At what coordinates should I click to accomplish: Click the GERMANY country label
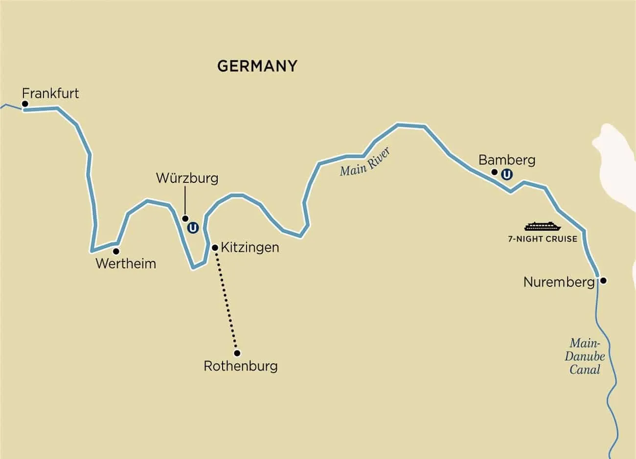pos(257,66)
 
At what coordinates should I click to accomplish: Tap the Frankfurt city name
pos(51,93)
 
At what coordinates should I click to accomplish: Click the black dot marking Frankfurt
pos(24,104)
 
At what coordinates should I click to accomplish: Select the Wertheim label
pos(126,263)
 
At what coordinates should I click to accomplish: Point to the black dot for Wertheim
pos(116,251)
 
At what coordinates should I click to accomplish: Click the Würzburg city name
pos(187,177)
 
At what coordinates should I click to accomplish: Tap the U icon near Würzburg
pos(193,228)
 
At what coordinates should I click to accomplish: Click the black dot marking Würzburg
pos(185,218)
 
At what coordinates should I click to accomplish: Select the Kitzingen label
pos(250,247)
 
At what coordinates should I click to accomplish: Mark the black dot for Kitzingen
pos(215,248)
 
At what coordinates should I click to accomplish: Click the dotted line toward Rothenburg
pos(226,301)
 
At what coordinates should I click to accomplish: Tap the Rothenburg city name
pos(240,366)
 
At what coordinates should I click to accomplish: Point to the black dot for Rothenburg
pos(237,353)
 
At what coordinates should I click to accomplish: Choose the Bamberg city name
pos(506,160)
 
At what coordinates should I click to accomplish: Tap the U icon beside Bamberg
pos(507,174)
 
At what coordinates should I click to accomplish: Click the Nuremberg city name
pos(559,282)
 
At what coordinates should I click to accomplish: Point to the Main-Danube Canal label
pos(585,356)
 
